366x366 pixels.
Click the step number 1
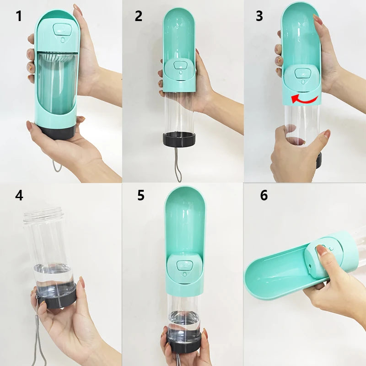pyautogui.click(x=19, y=16)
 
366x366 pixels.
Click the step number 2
pyautogui.click(x=139, y=16)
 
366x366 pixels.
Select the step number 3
pyautogui.click(x=259, y=16)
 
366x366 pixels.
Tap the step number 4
pyautogui.click(x=19, y=195)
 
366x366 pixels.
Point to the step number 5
pyautogui.click(x=141, y=195)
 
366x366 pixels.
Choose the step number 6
pyautogui.click(x=264, y=195)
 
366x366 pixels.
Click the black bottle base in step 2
pyautogui.click(x=179, y=139)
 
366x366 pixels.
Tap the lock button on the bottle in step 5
pyautogui.click(x=185, y=265)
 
